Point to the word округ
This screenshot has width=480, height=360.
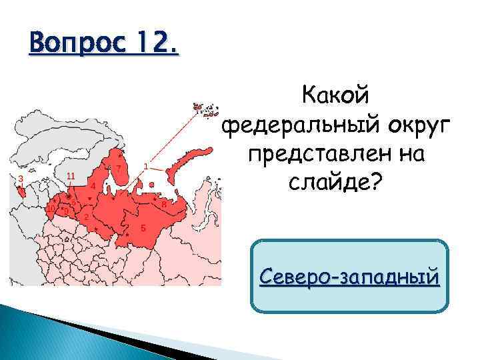413,126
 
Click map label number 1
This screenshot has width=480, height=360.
146,165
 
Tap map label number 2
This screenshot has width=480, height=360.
86,217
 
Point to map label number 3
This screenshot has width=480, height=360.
21,179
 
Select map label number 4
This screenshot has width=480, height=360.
93,185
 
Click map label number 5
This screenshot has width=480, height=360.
143,228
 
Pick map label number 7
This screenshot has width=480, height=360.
118,167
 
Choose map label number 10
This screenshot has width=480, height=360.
51,209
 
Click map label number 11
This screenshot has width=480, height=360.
71,175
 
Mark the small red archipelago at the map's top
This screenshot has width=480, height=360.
205,108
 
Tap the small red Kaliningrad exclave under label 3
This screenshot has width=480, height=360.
23,191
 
